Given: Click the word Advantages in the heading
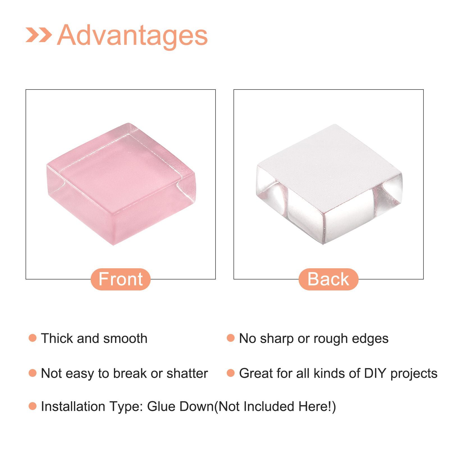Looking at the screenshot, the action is (x=132, y=36).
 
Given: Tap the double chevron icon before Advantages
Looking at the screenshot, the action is (x=39, y=35).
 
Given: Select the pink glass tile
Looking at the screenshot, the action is (x=121, y=184).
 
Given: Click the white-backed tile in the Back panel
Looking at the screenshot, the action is (x=329, y=184).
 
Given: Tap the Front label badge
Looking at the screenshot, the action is (x=121, y=279).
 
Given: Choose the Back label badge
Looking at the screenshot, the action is (x=328, y=279).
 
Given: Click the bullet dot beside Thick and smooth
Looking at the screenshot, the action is (x=33, y=338).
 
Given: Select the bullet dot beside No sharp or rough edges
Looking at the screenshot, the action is (x=231, y=338).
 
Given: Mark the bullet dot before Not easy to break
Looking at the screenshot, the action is (x=33, y=373).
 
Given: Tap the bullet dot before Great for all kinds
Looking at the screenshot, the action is (x=231, y=373).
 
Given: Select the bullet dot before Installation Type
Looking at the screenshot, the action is (x=33, y=406).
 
